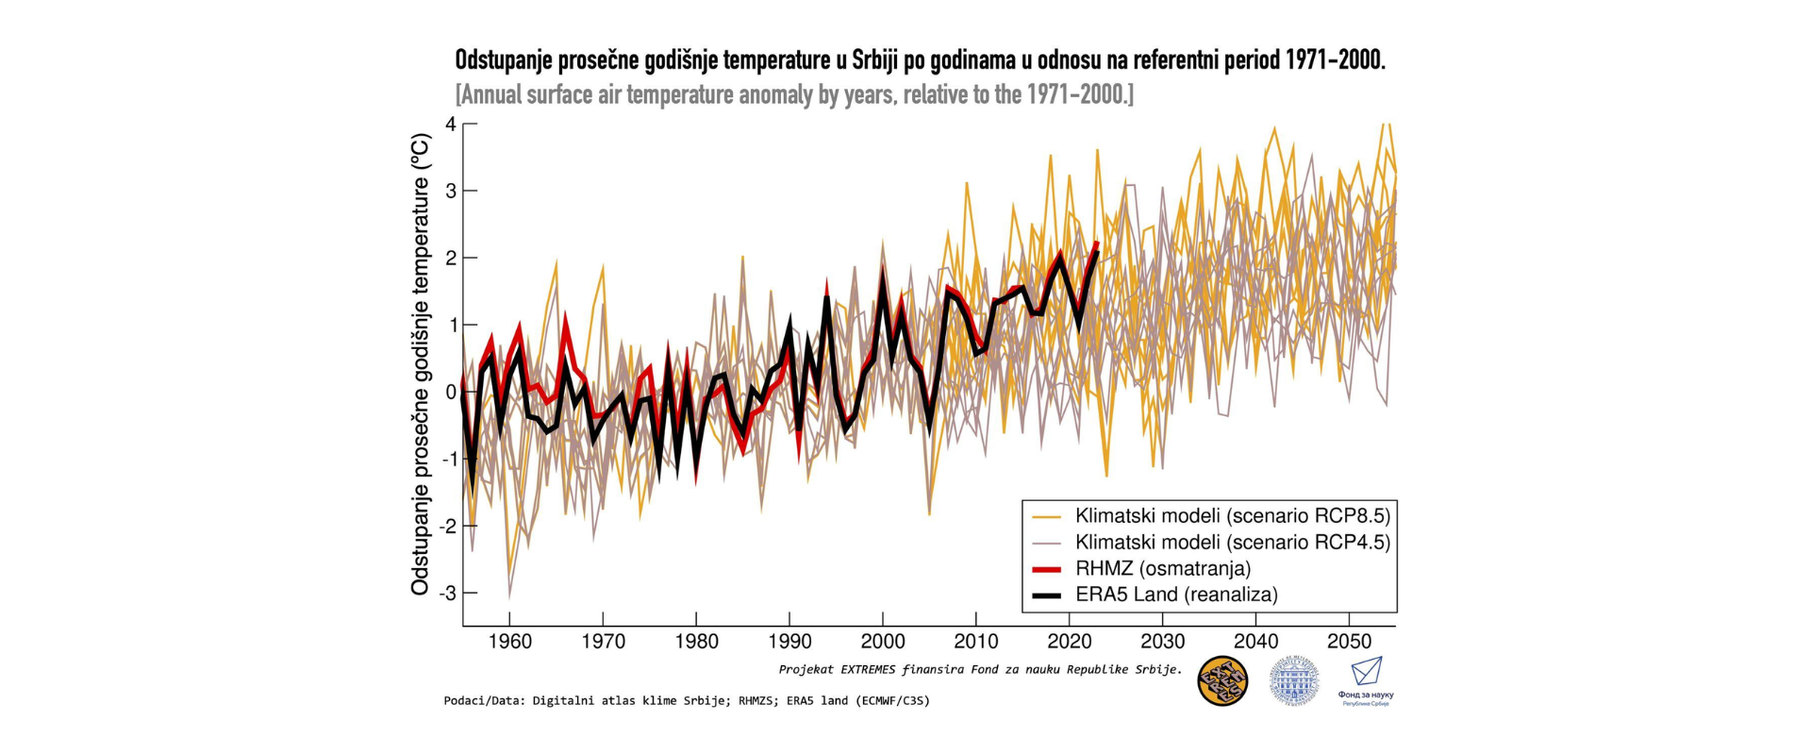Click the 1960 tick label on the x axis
509,642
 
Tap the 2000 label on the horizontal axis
883,642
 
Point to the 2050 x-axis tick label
1349,642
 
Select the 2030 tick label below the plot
1162,642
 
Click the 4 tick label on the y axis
451,124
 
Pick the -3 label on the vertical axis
448,593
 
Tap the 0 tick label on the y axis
451,392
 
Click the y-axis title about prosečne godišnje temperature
420,364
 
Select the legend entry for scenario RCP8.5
1232,516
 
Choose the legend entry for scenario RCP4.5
1232,543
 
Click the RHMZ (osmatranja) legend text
1163,568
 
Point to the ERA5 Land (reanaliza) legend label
1176,595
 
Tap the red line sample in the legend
1047,569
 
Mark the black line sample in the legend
1047,596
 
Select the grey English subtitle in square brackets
794,94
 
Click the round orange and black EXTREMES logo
1222,681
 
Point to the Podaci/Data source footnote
687,700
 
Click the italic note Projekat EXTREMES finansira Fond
979,669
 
